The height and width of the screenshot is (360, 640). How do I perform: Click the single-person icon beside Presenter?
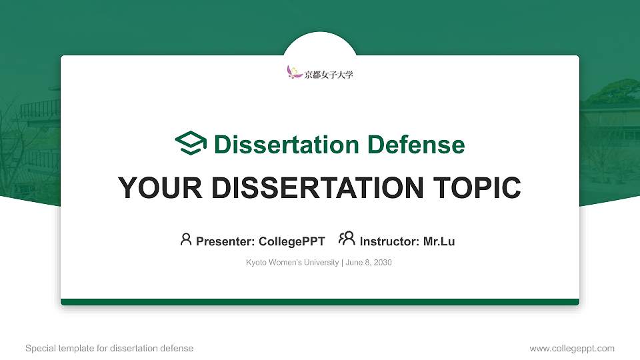(186, 239)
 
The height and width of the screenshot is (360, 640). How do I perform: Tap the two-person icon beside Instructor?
(347, 239)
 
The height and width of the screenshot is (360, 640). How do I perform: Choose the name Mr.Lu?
(439, 241)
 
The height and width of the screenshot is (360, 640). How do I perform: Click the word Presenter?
(223, 241)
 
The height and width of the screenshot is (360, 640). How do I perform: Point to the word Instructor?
(389, 241)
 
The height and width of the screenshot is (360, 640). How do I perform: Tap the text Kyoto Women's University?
(292, 263)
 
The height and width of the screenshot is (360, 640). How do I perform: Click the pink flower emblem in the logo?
(294, 72)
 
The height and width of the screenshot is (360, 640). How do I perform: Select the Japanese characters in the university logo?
(329, 75)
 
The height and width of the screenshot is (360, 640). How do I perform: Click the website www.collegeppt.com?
(572, 349)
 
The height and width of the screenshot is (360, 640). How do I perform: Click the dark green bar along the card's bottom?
(320, 302)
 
